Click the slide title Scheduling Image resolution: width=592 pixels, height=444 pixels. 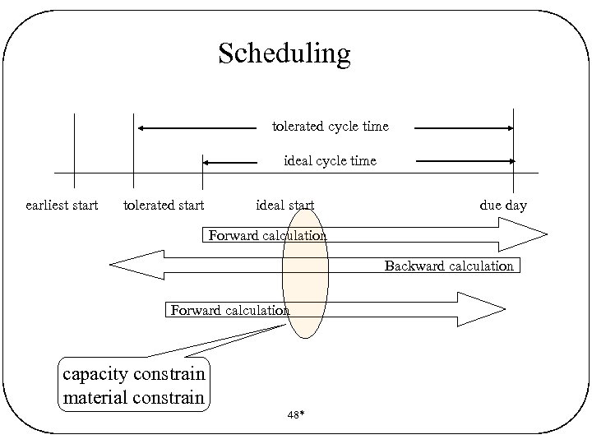pyautogui.click(x=284, y=53)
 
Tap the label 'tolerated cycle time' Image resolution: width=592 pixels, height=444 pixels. pyautogui.click(x=331, y=127)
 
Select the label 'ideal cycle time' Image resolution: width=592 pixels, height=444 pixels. pyautogui.click(x=330, y=161)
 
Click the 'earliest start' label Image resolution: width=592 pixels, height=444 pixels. pyautogui.click(x=62, y=205)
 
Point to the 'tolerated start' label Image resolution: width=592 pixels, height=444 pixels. pyautogui.click(x=164, y=205)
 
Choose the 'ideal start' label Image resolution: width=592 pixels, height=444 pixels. pyautogui.click(x=285, y=205)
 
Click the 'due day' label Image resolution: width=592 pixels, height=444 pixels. pyautogui.click(x=503, y=205)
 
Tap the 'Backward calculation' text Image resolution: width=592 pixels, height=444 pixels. pyautogui.click(x=449, y=266)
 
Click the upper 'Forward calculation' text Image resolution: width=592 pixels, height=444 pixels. pyautogui.click(x=267, y=236)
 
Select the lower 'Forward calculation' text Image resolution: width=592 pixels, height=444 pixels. pyautogui.click(x=229, y=310)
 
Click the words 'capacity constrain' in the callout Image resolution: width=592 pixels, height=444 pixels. pyautogui.click(x=134, y=374)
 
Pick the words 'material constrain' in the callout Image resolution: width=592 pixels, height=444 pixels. pyautogui.click(x=133, y=398)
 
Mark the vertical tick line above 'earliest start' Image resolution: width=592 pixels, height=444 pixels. pyautogui.click(x=74, y=148)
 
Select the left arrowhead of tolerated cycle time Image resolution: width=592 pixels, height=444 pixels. pyautogui.click(x=141, y=128)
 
